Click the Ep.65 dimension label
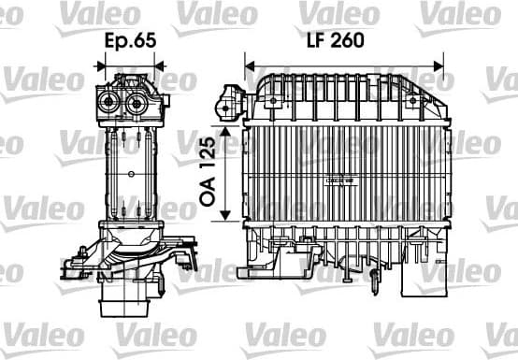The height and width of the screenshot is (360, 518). pyautogui.click(x=130, y=43)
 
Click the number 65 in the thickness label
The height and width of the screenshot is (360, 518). pyautogui.click(x=145, y=43)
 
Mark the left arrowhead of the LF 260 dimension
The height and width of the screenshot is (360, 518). pyautogui.click(x=249, y=66)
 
